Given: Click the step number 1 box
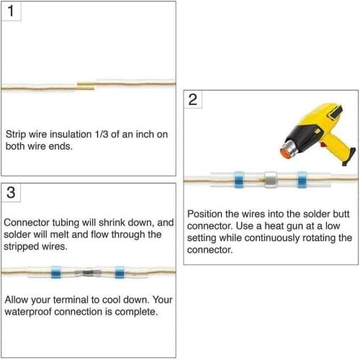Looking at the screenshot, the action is pos(11,11).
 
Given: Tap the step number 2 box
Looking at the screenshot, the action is pos(193,99).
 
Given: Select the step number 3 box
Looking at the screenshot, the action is pos(11,193).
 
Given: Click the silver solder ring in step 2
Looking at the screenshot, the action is pos(271,179).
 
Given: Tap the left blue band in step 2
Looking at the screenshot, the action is pos(239,180).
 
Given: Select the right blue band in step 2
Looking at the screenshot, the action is pos(302,180).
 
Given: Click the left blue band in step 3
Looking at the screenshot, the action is pos(56,272).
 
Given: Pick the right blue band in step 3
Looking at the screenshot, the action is pos(120,272).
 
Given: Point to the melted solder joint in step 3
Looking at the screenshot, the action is pos(88,273).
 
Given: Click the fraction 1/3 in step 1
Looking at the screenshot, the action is pos(102,135).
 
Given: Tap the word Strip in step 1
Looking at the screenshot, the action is pos(16,135).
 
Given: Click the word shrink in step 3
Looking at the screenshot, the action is pos(112,222).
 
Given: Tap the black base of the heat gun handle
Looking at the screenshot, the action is pos(349,157).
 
